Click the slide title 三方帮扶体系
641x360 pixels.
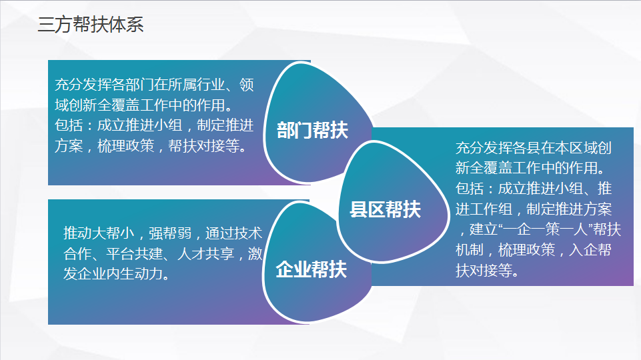91,25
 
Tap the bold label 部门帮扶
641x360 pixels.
312,131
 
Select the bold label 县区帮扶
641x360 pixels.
385,209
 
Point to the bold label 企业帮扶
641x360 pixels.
311,270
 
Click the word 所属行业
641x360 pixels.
197,85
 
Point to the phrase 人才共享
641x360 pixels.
205,254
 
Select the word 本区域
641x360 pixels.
576,147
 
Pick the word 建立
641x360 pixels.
484,229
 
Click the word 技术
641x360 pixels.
247,233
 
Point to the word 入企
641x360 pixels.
584,250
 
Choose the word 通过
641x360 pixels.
219,233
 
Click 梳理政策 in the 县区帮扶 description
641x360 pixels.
526,250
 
